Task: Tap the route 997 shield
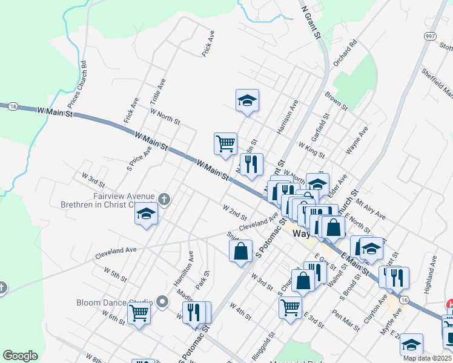430,37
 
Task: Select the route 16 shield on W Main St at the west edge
13,106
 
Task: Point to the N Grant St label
311,21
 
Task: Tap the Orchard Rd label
346,54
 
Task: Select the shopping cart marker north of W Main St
225,144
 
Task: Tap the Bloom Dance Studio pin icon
162,301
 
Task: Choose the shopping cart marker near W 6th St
139,314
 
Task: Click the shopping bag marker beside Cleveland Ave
240,250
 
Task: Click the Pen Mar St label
346,319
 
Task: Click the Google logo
20,356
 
